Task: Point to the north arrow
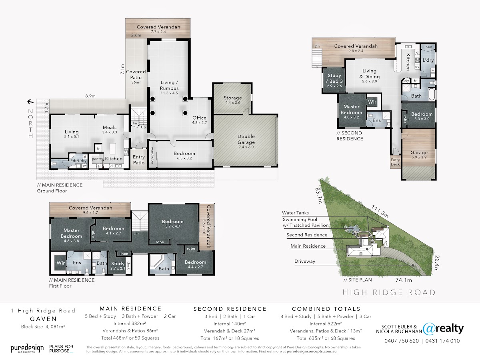pos(30,102)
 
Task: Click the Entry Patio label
pos(139,160)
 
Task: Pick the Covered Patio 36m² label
pos(136,77)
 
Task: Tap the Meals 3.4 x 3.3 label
pos(110,129)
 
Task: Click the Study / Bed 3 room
pos(334,81)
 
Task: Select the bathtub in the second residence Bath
pos(432,94)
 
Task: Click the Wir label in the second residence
pos(372,102)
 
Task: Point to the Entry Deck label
pos(395,162)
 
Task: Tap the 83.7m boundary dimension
pos(319,196)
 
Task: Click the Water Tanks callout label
pos(295,213)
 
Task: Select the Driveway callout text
pos(305,261)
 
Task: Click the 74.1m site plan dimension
pos(404,280)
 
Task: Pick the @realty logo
pos(443,329)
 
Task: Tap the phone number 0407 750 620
pos(402,341)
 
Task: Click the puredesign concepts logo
pos(27,348)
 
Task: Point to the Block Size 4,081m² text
pos(43,327)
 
